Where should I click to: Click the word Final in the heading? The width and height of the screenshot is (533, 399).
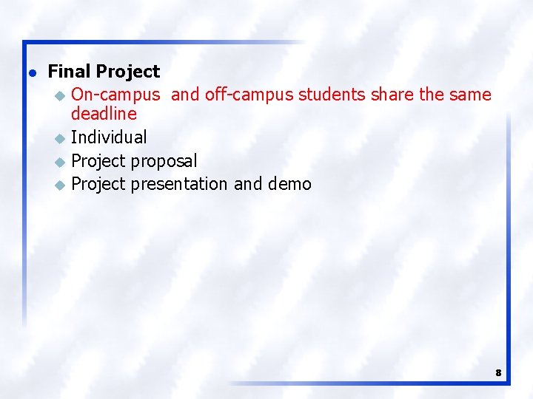pos(69,72)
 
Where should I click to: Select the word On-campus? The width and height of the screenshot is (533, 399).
pos(115,95)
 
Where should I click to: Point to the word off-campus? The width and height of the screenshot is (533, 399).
pos(248,95)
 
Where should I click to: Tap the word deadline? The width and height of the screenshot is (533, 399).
pos(104,114)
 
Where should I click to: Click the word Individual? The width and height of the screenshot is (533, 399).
pos(109,137)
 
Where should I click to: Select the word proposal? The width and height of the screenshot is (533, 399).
pos(164,160)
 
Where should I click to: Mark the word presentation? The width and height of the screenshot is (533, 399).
pos(180,183)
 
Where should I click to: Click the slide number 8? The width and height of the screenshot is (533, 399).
pos(498,373)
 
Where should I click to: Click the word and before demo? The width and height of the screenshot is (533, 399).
pos(248,183)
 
